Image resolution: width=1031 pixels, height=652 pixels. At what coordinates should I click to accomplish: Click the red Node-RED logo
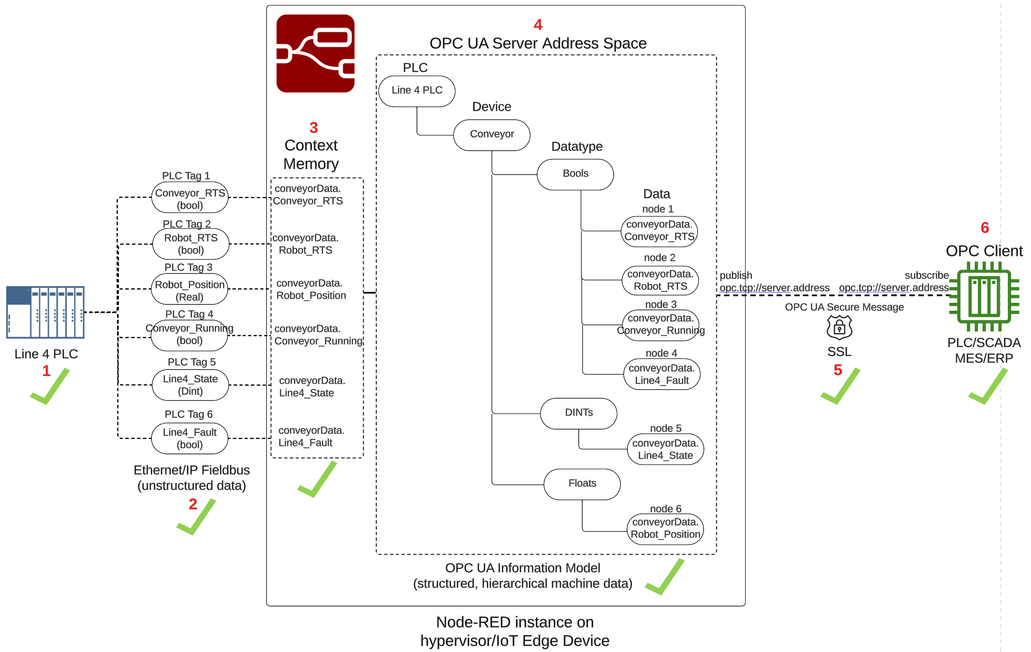[315, 53]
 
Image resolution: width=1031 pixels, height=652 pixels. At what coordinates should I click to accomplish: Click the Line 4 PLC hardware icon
[45, 312]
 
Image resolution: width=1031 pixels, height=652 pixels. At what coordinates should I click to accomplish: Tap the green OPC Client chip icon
[984, 296]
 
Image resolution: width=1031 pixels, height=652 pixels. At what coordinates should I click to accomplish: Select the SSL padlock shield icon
[839, 327]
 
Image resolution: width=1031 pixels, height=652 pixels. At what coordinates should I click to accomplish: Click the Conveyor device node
[492, 134]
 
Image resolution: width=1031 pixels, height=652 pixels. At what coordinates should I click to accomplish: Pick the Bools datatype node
[575, 174]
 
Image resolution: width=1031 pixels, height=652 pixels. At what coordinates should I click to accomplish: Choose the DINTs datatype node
[578, 413]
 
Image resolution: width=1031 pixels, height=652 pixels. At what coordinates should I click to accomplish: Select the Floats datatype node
[582, 483]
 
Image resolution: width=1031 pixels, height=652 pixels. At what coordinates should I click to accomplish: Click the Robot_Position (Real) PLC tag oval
[189, 290]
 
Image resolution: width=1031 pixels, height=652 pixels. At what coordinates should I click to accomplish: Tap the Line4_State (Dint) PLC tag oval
[190, 384]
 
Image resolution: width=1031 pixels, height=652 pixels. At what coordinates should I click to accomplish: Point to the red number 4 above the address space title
[538, 25]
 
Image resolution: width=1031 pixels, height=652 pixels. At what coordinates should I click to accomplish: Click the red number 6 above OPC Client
[984, 228]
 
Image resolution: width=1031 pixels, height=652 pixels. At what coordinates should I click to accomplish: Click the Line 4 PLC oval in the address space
[417, 91]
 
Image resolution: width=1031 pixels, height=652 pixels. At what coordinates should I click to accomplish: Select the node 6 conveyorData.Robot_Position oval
[665, 528]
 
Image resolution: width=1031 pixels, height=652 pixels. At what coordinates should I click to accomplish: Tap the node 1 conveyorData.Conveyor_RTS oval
[659, 231]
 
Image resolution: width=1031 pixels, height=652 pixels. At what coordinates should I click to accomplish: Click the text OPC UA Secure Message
[844, 307]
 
